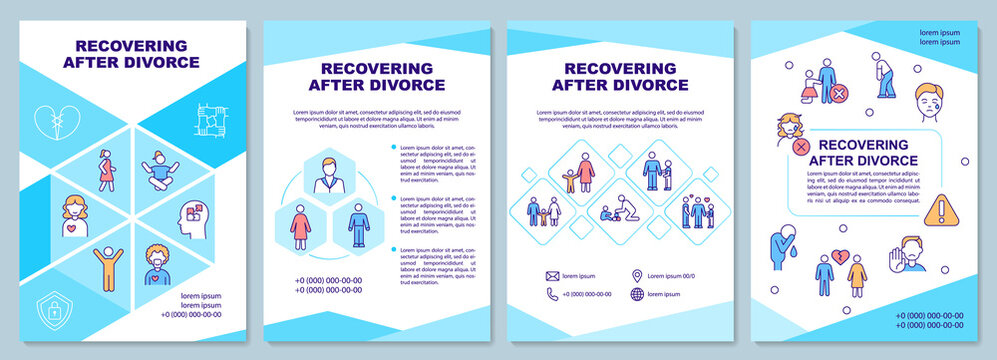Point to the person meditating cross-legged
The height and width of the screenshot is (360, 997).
coord(160,170)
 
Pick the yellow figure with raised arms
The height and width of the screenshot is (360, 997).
coord(105,268)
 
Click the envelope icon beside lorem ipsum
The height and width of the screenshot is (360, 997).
coord(551,275)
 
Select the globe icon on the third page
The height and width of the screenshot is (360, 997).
coord(638,294)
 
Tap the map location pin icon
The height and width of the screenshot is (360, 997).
coord(637,275)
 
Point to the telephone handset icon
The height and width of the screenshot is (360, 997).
coord(551,294)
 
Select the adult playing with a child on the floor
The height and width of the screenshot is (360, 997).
coord(614,209)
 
